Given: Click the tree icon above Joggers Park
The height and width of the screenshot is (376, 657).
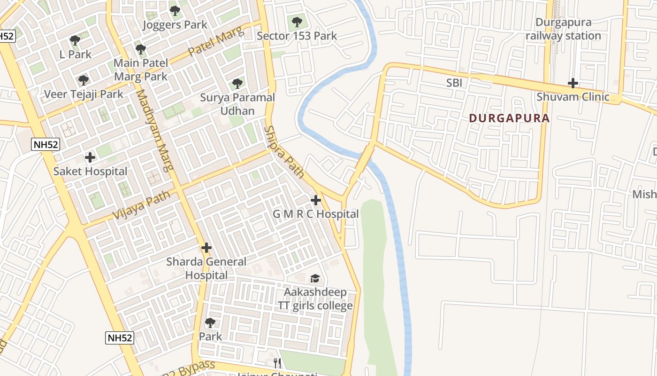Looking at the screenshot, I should [x=175, y=10].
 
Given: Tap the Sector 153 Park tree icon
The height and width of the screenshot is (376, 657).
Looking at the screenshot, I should [x=297, y=22].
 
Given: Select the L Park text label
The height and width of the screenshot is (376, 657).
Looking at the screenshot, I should [x=76, y=54].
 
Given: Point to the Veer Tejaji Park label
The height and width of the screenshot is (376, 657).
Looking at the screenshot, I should [x=84, y=94].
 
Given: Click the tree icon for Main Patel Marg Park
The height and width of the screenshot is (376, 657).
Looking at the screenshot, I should [x=140, y=49].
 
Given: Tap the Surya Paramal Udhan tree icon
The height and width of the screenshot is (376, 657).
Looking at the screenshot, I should [x=237, y=84].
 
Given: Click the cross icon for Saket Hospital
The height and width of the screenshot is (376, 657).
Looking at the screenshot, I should [x=90, y=157].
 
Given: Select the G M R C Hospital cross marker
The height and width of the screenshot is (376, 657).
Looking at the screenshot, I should [x=316, y=200].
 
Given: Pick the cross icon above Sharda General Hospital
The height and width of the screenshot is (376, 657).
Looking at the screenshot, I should [x=206, y=248].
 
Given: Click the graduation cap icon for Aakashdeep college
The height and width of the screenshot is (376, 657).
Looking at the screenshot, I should [x=315, y=278].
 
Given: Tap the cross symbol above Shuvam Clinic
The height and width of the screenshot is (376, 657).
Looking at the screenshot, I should [x=573, y=84].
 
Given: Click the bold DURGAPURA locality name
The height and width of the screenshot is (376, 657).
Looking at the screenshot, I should [x=509, y=118].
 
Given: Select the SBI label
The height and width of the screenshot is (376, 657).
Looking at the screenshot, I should [x=454, y=83].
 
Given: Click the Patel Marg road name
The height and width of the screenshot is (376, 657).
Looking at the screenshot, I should [x=216, y=41].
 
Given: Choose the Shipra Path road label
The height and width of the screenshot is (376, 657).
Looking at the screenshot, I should [x=284, y=151].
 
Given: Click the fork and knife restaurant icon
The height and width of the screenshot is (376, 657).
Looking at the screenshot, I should [x=277, y=363].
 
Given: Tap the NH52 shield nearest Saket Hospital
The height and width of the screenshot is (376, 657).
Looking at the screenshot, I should [x=46, y=145].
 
